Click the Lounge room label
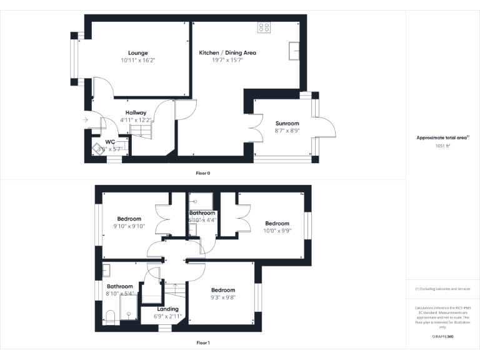pos(137,52)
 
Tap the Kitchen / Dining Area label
pos(227,52)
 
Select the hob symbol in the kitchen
pos(264,27)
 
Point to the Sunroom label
pos(287,124)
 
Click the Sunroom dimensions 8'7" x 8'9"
pos(287,131)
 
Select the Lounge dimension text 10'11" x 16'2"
pos(137,61)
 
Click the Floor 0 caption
pos(203,172)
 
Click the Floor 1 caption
pos(203,342)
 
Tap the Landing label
pos(167,309)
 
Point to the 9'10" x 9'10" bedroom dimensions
pos(129,226)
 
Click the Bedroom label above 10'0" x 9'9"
pos(277,223)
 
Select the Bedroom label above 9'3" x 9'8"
pos(222,290)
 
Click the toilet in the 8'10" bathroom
pos(108,316)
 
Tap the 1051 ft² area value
pos(442,145)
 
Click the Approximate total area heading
pos(442,137)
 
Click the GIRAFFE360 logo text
pos(442,337)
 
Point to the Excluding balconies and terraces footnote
pos(442,289)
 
